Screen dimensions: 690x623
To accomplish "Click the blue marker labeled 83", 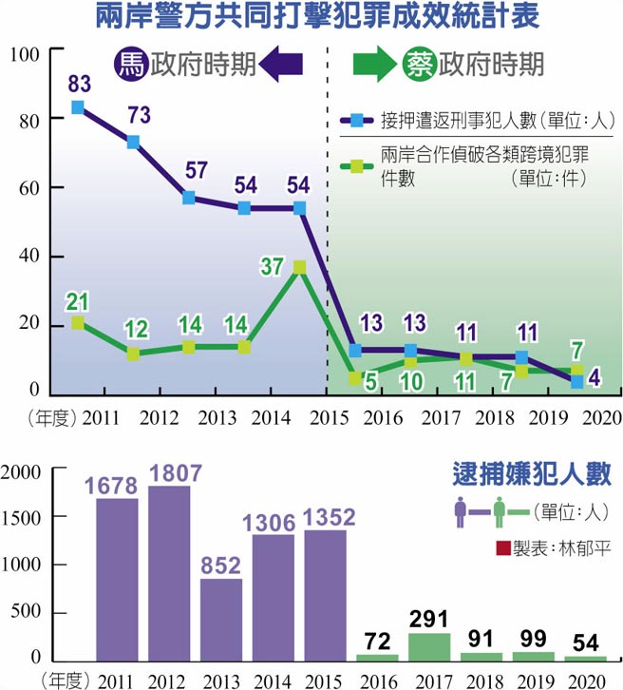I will [78, 107].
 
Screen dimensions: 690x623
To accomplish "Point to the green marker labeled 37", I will [299, 267].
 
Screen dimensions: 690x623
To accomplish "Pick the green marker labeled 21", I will [78, 323].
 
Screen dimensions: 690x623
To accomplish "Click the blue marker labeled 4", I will [577, 381].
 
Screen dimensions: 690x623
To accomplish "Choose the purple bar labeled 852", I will [222, 619].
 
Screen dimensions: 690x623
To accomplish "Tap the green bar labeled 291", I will [430, 645].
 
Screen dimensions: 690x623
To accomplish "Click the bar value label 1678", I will [117, 485].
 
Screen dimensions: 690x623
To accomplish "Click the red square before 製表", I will [502, 547].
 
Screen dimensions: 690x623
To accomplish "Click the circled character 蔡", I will [418, 64].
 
